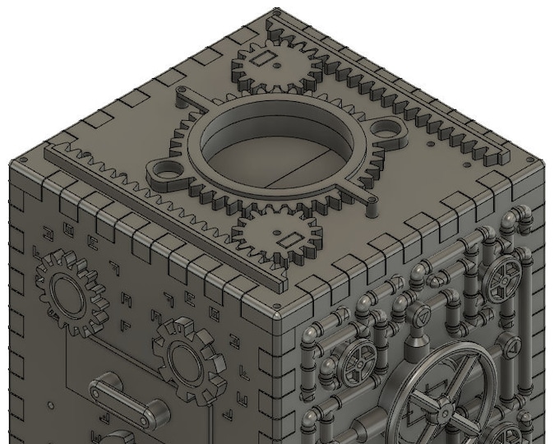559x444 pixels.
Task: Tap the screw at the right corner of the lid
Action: coord(526,159)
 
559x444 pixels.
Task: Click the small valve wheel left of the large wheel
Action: coord(358,359)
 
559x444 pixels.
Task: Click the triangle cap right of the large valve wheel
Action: coord(513,349)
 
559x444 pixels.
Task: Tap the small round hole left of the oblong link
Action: coord(52,405)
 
